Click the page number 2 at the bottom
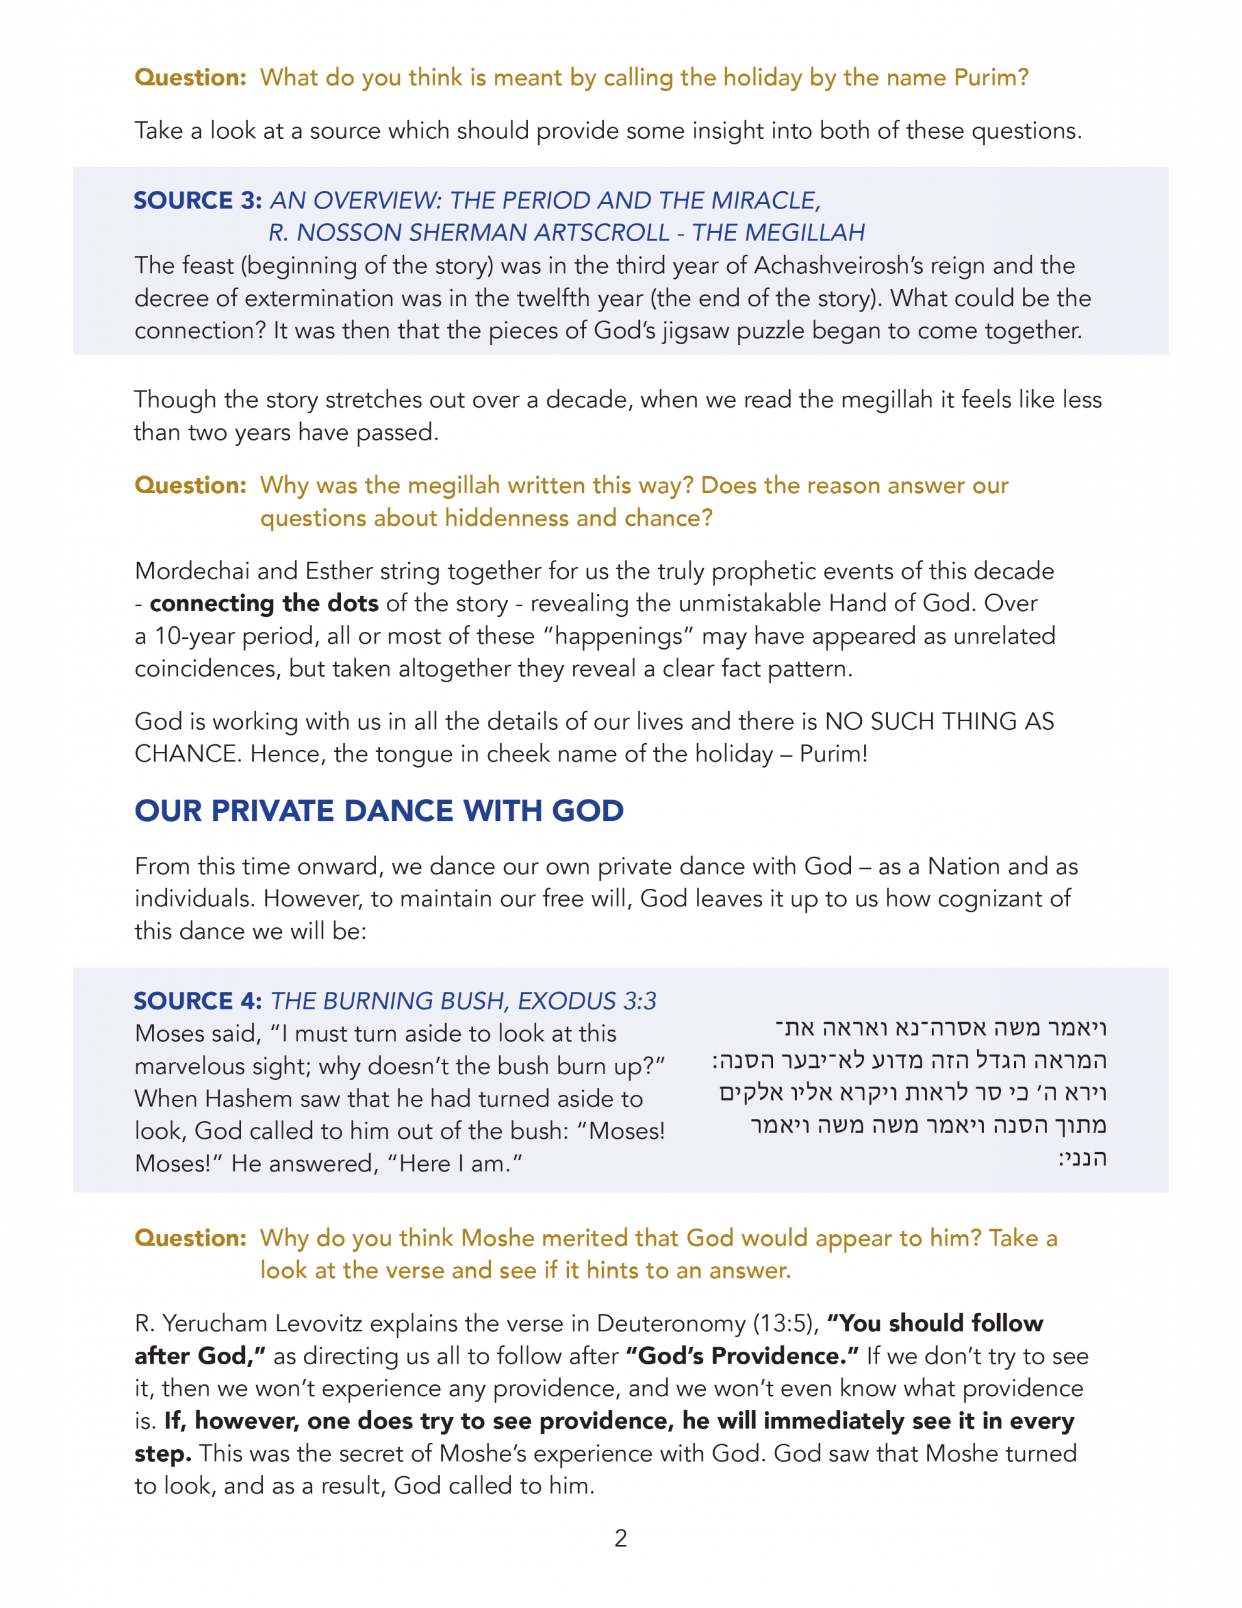(620, 1538)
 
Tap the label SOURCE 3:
(197, 200)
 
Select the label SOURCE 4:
(197, 1001)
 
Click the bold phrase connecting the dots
(264, 603)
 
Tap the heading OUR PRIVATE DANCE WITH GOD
(379, 811)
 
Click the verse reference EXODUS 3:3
(586, 1001)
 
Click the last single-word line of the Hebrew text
(1083, 1158)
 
